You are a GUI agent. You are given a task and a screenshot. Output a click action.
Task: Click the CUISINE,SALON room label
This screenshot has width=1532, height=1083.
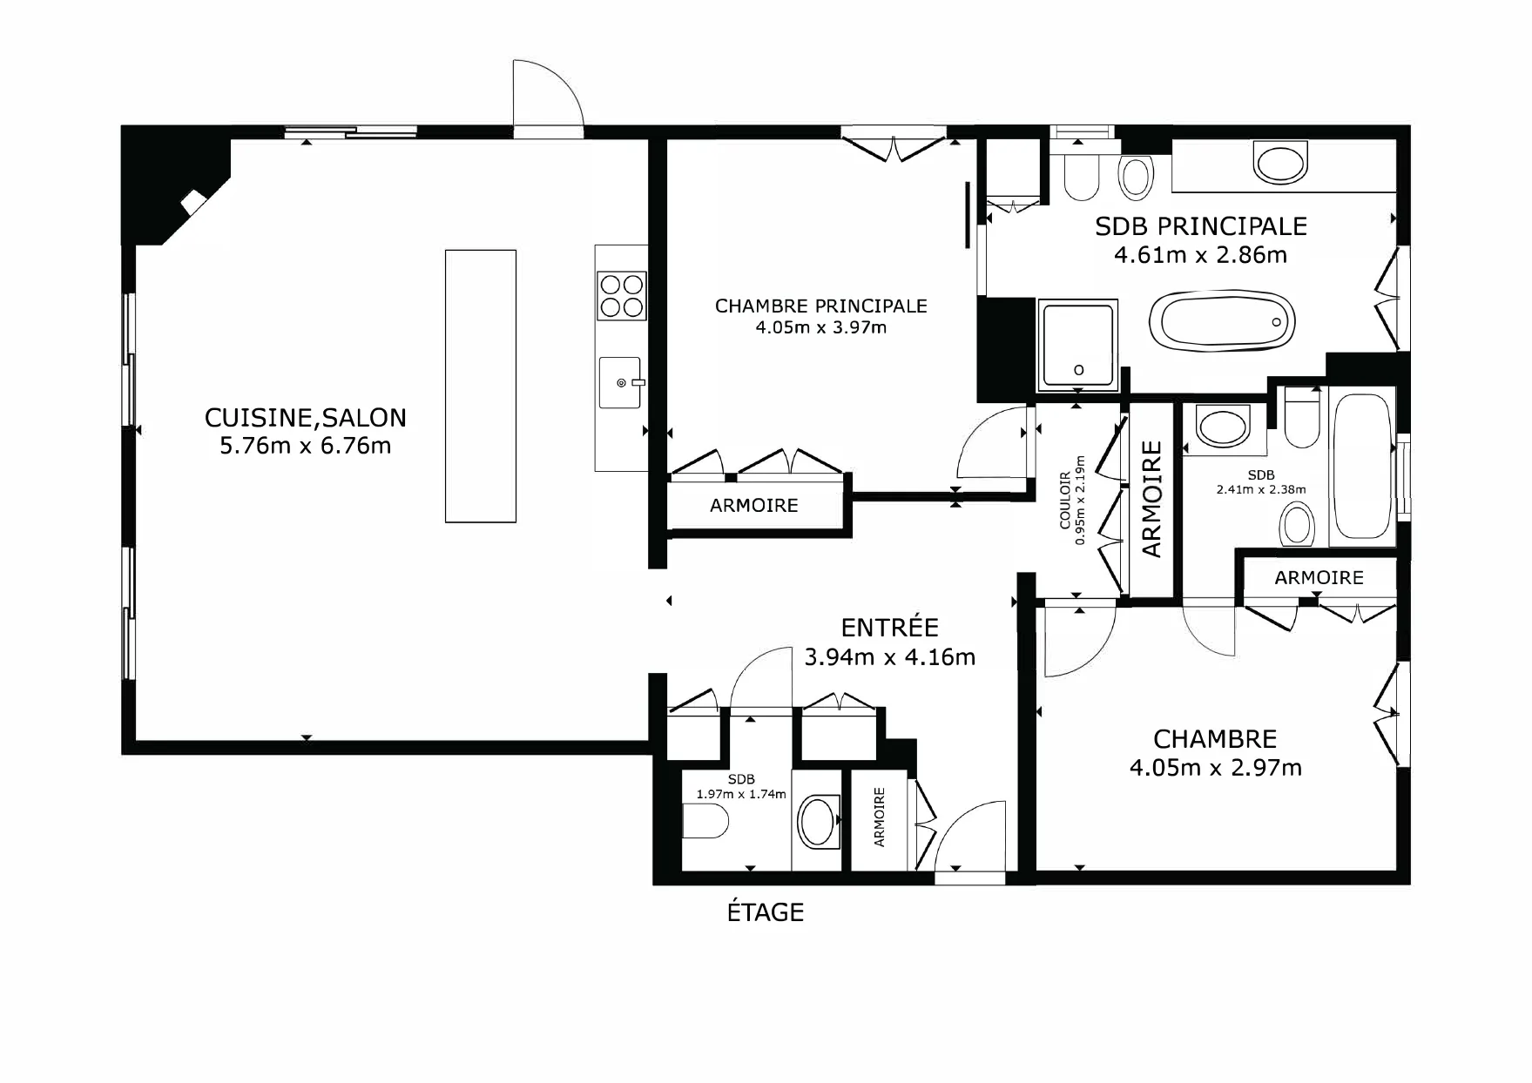pos(305,418)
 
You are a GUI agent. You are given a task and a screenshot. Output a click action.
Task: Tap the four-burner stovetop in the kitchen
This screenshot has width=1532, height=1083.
pos(622,296)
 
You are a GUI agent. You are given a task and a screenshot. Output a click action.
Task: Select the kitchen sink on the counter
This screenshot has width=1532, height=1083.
pos(620,382)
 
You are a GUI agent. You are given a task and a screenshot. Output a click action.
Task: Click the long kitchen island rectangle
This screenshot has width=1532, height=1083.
pos(481,387)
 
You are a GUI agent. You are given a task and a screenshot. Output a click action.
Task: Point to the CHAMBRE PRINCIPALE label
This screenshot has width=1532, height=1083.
pos(820,306)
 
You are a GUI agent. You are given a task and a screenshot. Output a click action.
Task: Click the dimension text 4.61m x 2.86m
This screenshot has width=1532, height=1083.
pos(1200,255)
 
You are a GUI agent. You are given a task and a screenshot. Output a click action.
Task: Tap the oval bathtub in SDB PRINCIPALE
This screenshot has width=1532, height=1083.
pos(1222,322)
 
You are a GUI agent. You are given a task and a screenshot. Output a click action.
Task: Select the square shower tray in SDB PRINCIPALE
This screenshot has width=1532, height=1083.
pos(1077,346)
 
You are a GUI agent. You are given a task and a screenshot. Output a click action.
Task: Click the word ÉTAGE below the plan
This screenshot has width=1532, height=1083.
pos(766,911)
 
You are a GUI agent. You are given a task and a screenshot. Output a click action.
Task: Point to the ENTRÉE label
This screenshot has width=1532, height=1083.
pos(889,628)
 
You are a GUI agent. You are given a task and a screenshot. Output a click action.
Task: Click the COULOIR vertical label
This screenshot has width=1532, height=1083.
pos(1065,501)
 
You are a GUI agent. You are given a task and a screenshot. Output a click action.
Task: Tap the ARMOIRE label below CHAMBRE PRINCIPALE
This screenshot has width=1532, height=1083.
pos(754,506)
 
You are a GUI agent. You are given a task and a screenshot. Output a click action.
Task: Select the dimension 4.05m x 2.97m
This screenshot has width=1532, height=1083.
pos(1215,768)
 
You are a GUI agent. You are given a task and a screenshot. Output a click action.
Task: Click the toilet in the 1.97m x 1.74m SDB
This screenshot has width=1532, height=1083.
pos(705,821)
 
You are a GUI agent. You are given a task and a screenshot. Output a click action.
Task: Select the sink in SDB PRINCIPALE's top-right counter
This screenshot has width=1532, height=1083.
pos(1280,162)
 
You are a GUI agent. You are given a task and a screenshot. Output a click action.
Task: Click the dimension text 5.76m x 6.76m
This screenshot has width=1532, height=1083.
pos(305,446)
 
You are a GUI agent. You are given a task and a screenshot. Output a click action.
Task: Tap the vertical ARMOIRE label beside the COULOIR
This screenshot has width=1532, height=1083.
pos(1151,499)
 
